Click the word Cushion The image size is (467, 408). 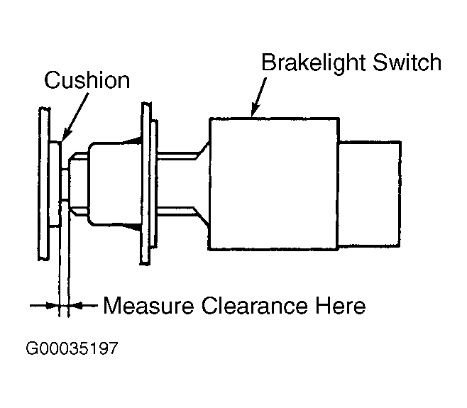(87, 79)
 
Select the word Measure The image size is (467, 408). (148, 305)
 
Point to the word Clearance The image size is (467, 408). (255, 305)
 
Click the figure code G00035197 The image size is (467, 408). (72, 348)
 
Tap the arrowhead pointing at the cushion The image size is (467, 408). (66, 136)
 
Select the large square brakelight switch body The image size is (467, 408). (274, 184)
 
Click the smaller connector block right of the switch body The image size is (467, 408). (369, 194)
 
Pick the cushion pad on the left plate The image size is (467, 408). (55, 184)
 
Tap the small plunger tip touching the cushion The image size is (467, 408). (65, 184)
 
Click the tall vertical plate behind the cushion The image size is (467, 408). (44, 184)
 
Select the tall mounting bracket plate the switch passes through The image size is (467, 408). (146, 184)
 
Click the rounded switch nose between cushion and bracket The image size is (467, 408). (115, 184)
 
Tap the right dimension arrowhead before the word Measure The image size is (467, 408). (75, 305)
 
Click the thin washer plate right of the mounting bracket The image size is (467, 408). (154, 184)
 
